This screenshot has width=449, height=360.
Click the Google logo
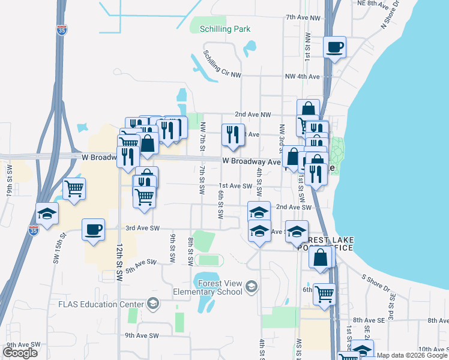point(20,353)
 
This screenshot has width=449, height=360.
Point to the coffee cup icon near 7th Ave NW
point(334,47)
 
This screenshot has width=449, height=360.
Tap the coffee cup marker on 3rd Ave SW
point(92,229)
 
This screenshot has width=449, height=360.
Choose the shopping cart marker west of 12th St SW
point(74,188)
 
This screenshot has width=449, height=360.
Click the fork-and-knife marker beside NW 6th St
point(232,134)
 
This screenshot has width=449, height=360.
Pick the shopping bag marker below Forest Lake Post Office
point(321,257)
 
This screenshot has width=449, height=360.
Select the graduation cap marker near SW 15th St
point(47,213)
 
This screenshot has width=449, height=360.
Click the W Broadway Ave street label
point(252,161)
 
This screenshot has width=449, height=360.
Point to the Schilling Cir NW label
point(222,65)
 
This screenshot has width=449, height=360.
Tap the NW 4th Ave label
point(302,77)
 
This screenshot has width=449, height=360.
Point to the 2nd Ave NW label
point(253,114)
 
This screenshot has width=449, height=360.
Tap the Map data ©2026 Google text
point(411,355)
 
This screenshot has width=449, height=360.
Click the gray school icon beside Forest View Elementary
point(250,287)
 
